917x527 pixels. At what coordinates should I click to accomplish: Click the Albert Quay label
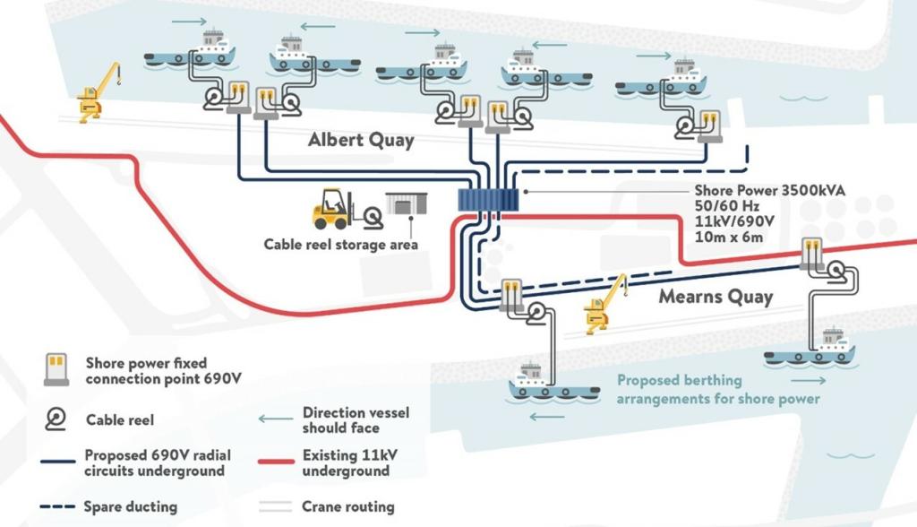[361, 140]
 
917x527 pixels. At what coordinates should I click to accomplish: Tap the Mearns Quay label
[716, 297]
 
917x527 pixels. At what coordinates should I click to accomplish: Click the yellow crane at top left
[98, 91]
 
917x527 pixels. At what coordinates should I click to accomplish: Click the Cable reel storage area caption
[340, 243]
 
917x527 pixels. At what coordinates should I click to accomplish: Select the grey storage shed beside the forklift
[406, 203]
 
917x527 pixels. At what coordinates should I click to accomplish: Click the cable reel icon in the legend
[56, 418]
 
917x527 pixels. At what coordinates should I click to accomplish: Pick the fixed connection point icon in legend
[56, 369]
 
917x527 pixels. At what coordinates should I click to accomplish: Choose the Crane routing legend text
[347, 506]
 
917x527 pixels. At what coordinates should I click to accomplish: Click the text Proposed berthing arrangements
[718, 389]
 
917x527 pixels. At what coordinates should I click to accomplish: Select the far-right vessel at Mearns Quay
[810, 350]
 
